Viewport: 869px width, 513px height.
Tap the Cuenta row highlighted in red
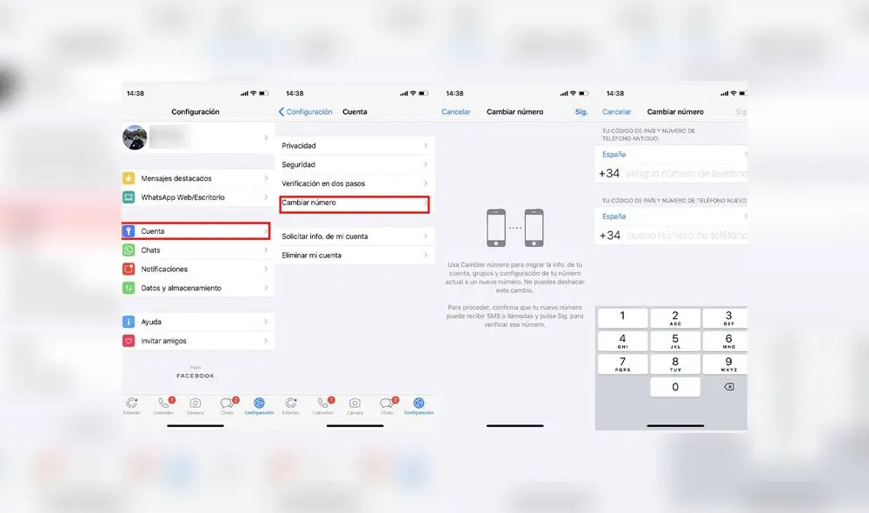[x=195, y=231]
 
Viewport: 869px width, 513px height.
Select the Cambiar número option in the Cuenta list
[x=353, y=203]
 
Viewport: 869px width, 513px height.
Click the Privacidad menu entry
[x=353, y=146]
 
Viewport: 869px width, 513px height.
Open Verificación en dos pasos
[x=353, y=183]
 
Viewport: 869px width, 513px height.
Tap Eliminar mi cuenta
[x=353, y=256]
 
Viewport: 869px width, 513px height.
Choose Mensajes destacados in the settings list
[x=196, y=178]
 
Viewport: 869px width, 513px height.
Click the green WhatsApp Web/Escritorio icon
[x=129, y=197]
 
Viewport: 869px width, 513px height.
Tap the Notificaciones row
[x=196, y=270]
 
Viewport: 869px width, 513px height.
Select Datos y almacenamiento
[x=196, y=288]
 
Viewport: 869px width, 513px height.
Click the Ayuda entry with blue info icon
[x=196, y=322]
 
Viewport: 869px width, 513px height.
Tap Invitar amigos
[x=196, y=341]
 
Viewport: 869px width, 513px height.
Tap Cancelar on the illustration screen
[x=456, y=112]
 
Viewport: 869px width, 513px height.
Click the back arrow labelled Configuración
[x=305, y=112]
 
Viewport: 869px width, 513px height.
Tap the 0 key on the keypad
[x=675, y=387]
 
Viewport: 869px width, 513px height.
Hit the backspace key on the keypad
[x=728, y=387]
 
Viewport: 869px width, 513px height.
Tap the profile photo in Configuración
[x=135, y=137]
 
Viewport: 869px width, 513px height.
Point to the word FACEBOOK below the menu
[x=196, y=376]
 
